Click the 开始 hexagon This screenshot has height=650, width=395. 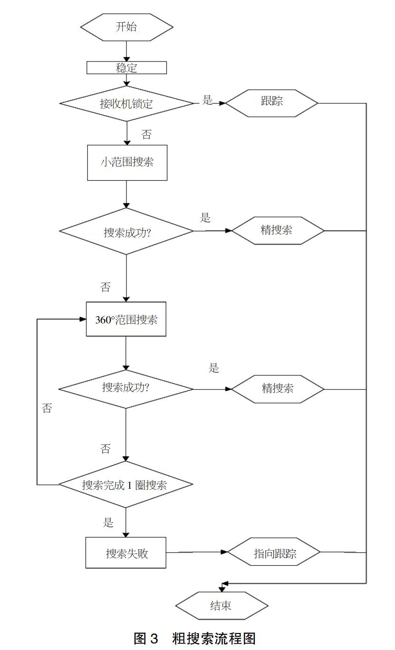[x=127, y=27]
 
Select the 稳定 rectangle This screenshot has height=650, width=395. [x=127, y=68]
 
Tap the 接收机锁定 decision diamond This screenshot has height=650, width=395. [x=127, y=104]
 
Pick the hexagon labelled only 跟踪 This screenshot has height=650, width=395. [x=272, y=103]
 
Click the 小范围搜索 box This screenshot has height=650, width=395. [x=127, y=163]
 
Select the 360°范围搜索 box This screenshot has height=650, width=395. [x=126, y=319]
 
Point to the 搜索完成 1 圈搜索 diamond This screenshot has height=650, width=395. [x=126, y=484]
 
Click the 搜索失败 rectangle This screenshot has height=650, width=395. [x=126, y=553]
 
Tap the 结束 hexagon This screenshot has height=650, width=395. [x=222, y=606]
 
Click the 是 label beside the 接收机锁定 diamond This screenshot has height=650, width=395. [x=207, y=100]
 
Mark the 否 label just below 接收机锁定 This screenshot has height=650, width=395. [x=146, y=134]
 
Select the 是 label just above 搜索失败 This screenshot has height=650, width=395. [x=108, y=522]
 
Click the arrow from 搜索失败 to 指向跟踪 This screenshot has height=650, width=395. [x=197, y=552]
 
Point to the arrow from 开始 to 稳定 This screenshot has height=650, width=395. [x=126, y=51]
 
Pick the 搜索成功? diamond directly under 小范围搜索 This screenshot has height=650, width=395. [x=126, y=231]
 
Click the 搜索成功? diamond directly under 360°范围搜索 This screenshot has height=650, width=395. [x=126, y=389]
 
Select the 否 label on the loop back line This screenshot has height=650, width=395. [x=47, y=408]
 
